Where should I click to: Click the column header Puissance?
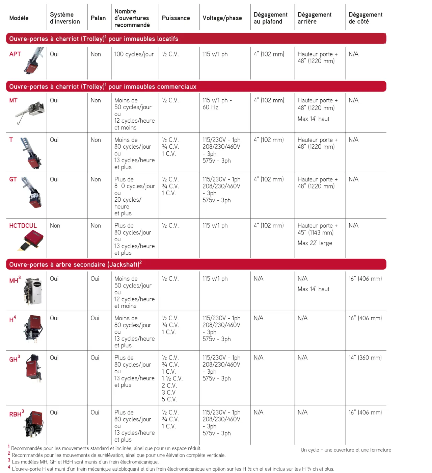click(176, 18)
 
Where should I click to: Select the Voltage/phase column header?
click(222, 18)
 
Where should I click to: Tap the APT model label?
click(15, 54)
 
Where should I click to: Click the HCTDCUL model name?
click(23, 226)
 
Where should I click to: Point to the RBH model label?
click(16, 414)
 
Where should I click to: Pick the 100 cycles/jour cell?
click(134, 54)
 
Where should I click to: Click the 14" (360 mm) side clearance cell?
click(365, 358)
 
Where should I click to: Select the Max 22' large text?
click(315, 243)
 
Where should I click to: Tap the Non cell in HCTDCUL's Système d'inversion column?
click(55, 226)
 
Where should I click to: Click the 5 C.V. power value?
click(169, 399)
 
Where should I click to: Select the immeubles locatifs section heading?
click(93, 39)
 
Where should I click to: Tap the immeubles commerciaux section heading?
click(103, 87)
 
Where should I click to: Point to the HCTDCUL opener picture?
click(31, 240)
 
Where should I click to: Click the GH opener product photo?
click(34, 368)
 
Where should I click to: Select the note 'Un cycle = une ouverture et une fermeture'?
click(346, 450)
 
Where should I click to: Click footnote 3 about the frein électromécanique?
click(85, 462)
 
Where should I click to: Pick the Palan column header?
click(98, 18)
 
